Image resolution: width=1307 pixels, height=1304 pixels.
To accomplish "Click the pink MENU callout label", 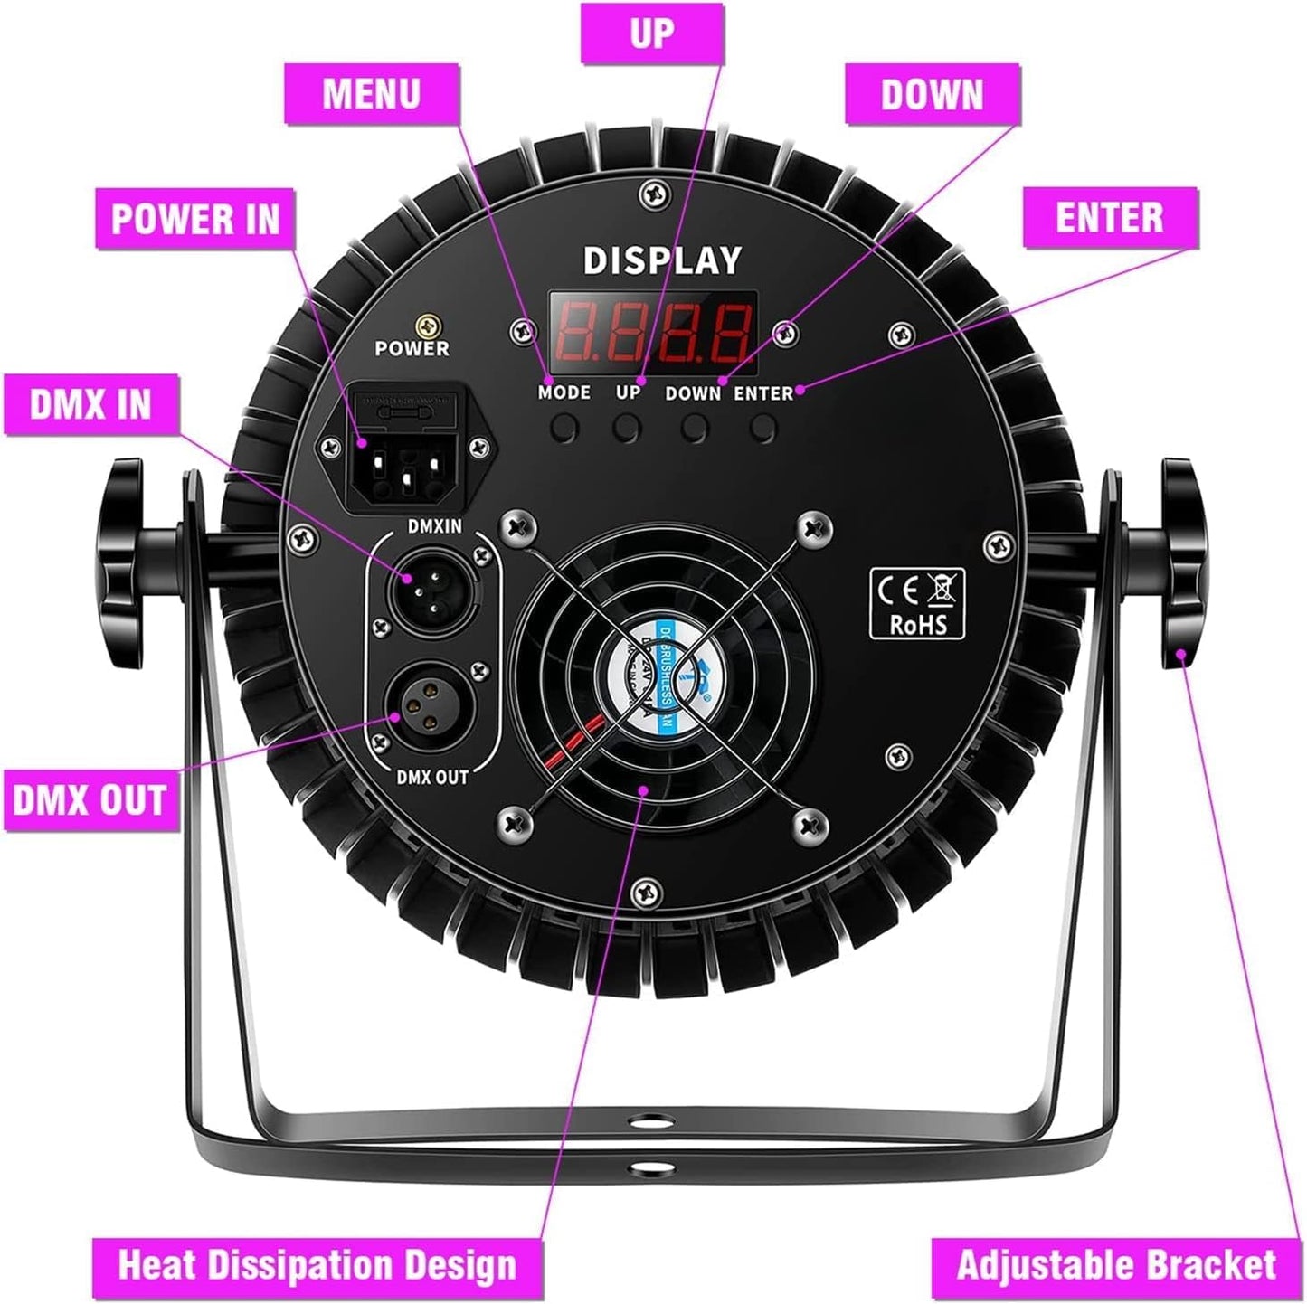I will [x=372, y=94].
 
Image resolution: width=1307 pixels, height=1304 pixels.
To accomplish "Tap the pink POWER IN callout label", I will [x=195, y=220].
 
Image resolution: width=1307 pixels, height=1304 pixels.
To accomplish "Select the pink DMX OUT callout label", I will [x=89, y=800].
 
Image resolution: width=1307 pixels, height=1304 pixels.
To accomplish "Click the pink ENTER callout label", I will [x=1110, y=218].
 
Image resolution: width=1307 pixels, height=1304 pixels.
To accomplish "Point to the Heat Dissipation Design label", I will [x=317, y=1265].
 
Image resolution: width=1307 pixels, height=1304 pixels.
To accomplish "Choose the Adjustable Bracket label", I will [x=1116, y=1265].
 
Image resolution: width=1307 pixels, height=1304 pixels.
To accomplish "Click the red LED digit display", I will [x=653, y=332].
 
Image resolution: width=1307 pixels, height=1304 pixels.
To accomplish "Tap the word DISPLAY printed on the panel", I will [x=662, y=261].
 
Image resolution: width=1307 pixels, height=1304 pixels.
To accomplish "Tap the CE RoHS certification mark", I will [x=916, y=603].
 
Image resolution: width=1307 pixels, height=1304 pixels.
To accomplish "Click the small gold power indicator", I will [x=421, y=325].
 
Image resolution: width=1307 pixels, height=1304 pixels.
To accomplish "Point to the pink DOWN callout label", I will [x=932, y=95].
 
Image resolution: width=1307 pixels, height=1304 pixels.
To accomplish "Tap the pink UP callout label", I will [x=651, y=33].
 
